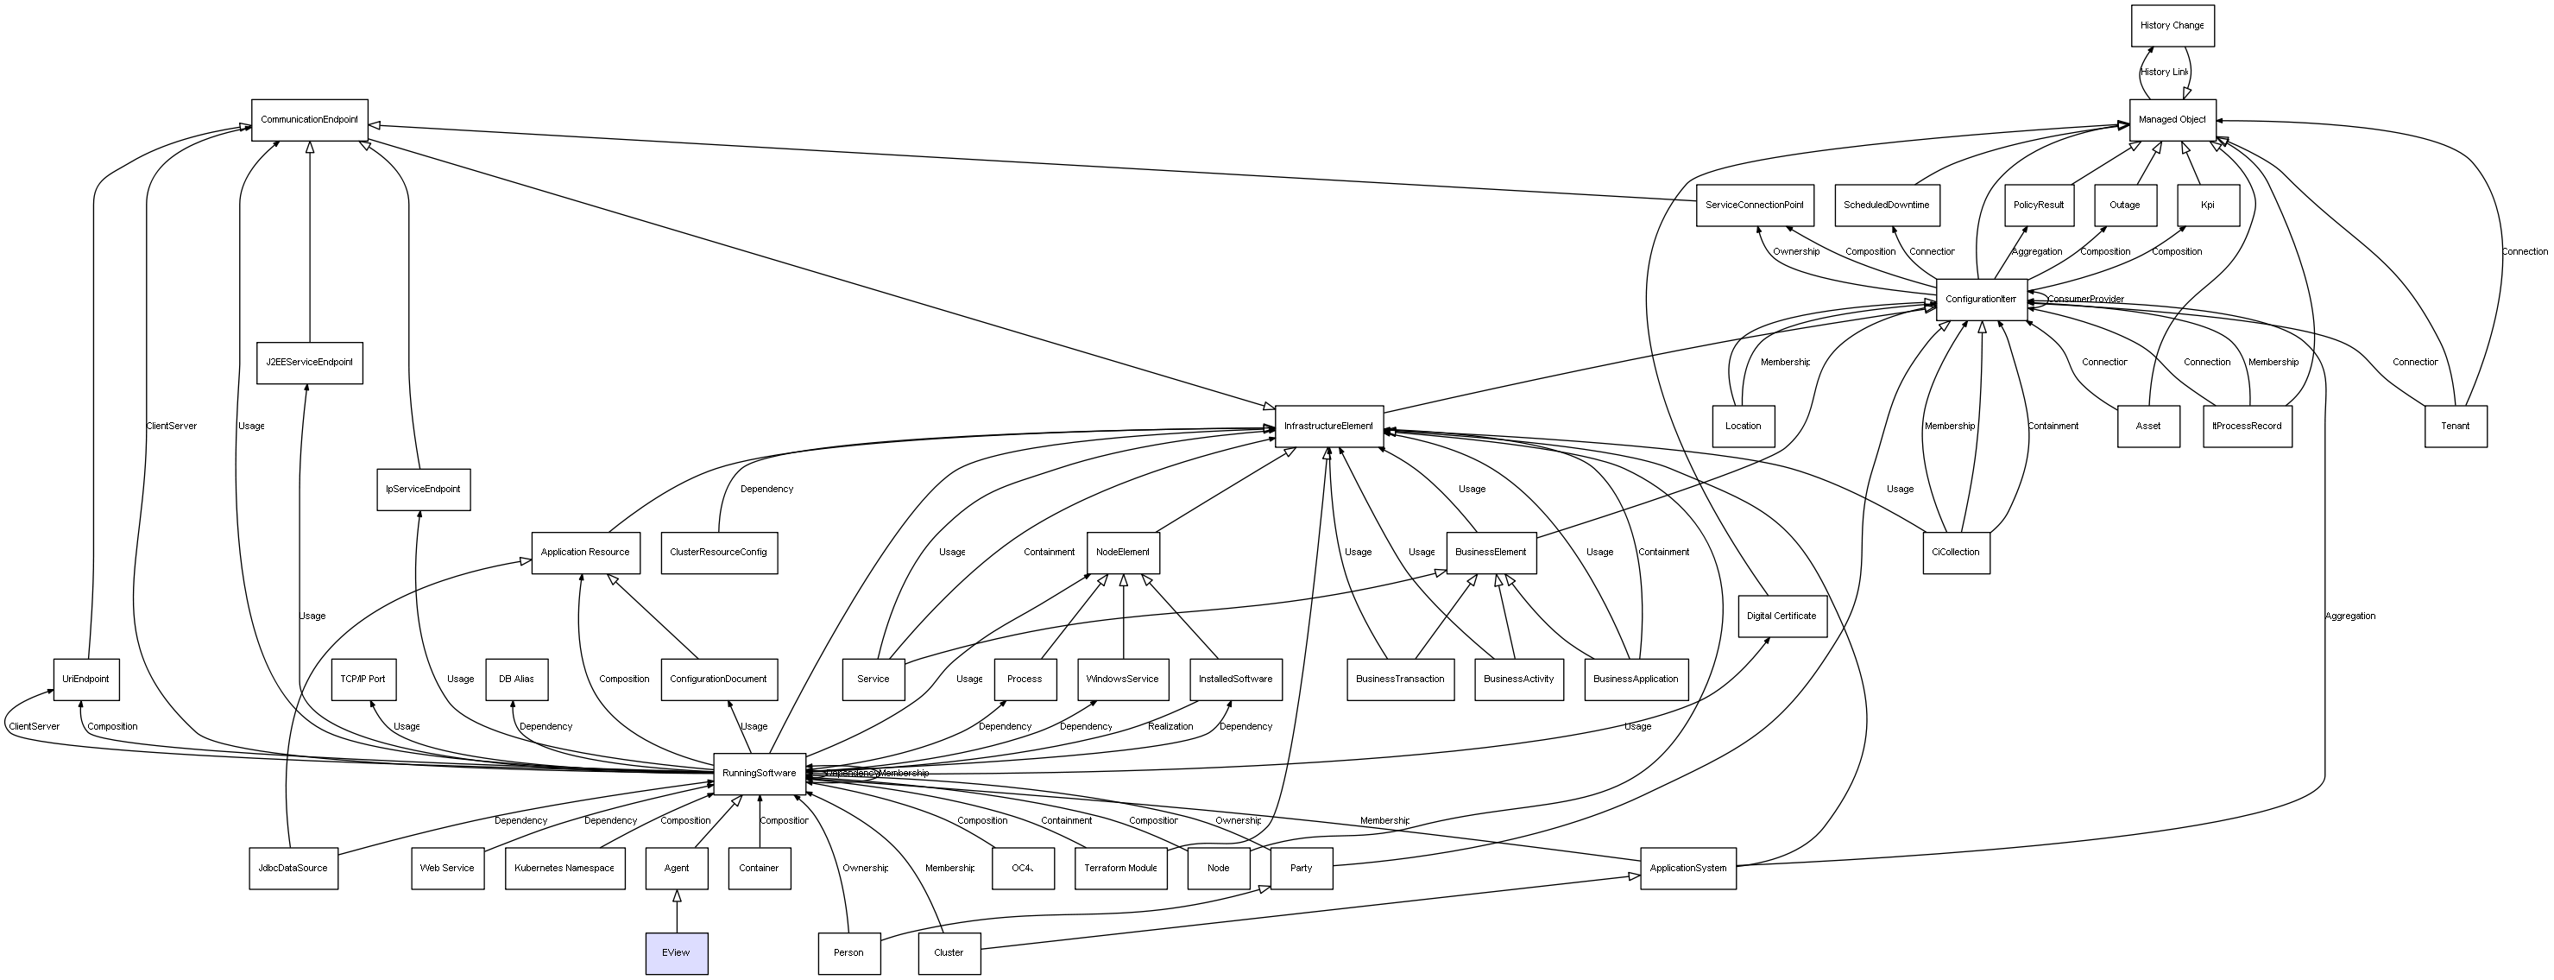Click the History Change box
pos(2172,26)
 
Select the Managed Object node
pos(2172,120)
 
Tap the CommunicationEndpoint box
pos(309,120)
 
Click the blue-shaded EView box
pos(676,953)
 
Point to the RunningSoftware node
pos(759,774)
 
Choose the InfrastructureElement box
pos(1328,427)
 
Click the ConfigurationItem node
pos(1981,300)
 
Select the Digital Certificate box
pos(1781,616)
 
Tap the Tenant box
pos(2455,427)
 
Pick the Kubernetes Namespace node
pos(564,869)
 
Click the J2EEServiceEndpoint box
pos(309,363)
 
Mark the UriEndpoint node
pos(85,680)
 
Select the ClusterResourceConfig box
pos(719,553)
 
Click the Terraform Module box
pos(1120,869)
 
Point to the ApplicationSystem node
pos(1687,869)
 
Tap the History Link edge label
pos(2163,73)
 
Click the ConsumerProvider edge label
pos(2085,300)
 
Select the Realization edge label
pos(1170,727)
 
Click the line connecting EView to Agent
pos(676,912)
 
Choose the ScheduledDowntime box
pos(1886,205)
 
